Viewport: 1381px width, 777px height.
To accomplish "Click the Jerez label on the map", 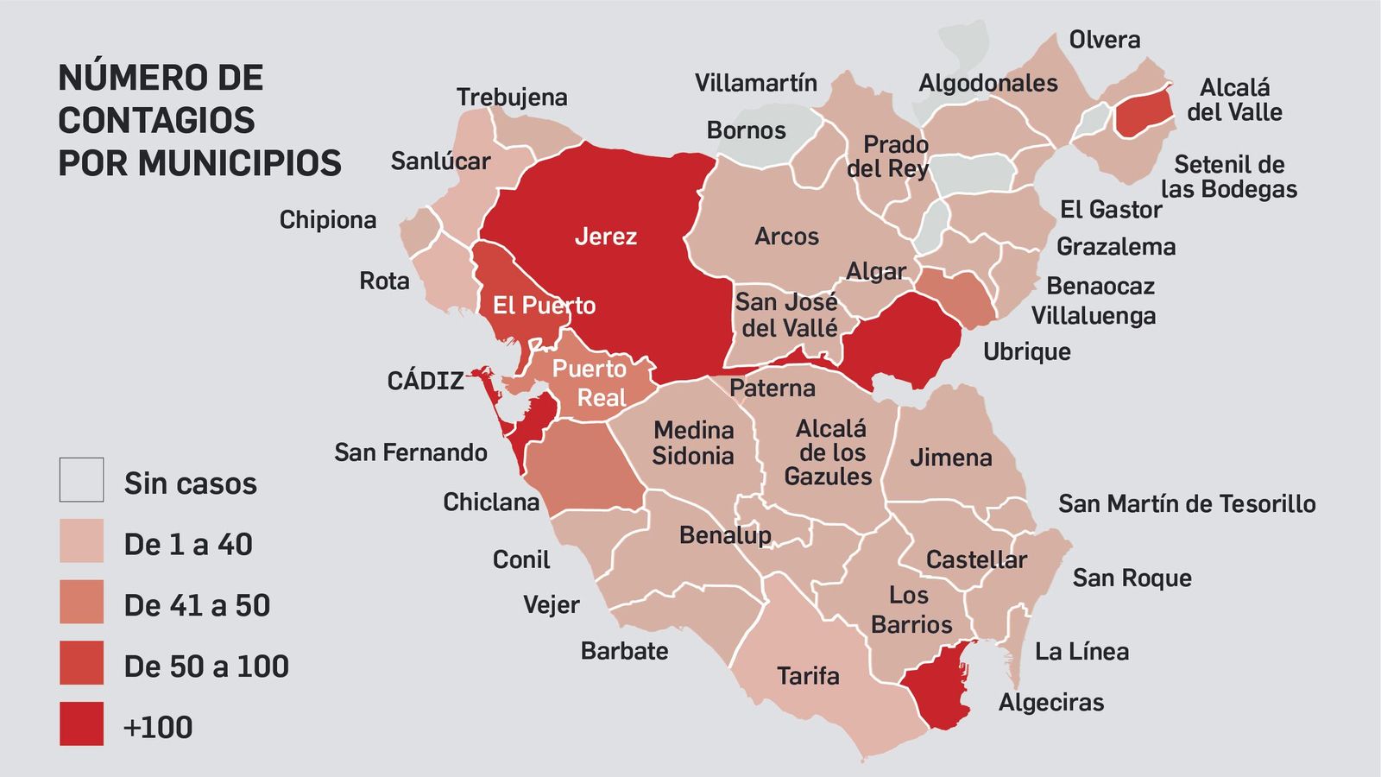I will (x=605, y=237).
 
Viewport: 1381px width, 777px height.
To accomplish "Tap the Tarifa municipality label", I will (x=808, y=675).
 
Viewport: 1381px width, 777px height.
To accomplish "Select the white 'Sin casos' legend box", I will (x=81, y=480).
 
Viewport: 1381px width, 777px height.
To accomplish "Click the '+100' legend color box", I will (x=81, y=723).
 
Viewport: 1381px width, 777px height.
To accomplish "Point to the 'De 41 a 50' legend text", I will (x=197, y=606).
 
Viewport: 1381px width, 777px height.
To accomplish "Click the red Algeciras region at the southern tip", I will (x=938, y=686).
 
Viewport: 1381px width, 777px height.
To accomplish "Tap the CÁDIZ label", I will (x=426, y=381).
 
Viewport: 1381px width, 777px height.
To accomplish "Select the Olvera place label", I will (x=1104, y=40).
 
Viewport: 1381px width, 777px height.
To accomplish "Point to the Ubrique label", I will (x=1026, y=351).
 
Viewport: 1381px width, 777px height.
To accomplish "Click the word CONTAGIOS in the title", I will (x=156, y=120).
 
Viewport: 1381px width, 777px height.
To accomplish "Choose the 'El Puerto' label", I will (x=544, y=306).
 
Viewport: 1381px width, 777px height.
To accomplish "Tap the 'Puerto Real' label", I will (x=590, y=382).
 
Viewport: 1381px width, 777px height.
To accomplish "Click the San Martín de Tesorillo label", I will (x=1187, y=504).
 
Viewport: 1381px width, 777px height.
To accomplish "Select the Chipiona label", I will (x=328, y=220).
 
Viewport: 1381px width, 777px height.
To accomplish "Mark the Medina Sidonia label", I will (x=693, y=442).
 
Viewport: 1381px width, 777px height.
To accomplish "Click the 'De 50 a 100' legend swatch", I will (x=81, y=663).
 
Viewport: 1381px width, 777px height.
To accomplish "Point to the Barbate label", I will (x=624, y=651).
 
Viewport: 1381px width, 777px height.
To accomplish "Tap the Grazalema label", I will (x=1116, y=247).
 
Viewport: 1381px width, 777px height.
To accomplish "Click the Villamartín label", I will (x=755, y=83).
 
